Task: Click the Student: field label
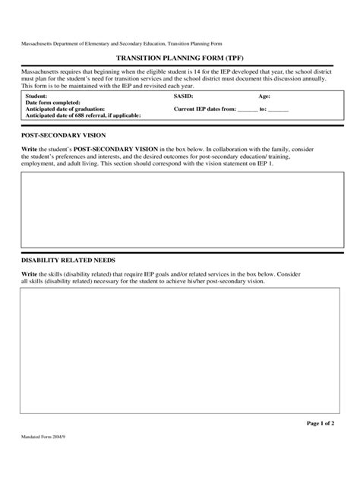coord(36,97)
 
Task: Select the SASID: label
coord(184,97)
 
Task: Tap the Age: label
coord(264,97)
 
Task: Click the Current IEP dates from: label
coord(204,109)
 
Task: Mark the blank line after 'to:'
coord(279,110)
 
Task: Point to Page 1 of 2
coord(321,422)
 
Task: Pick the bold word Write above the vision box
coord(29,148)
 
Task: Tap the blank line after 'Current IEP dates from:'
coord(248,110)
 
